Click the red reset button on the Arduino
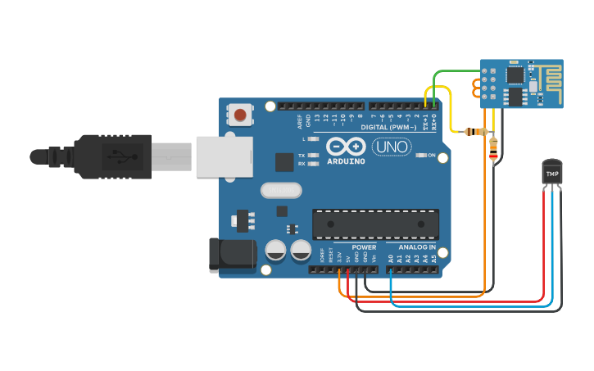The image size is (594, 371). coord(239,115)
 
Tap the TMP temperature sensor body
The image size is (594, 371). coord(553,172)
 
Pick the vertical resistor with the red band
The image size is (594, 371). coord(492,148)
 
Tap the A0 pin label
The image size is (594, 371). coord(391,258)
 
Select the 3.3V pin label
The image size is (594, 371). coord(339,258)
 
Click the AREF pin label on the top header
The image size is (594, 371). coord(300,121)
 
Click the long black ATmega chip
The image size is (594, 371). coord(375,224)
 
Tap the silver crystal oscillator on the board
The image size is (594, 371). coord(281,190)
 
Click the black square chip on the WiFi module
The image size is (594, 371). coord(516,75)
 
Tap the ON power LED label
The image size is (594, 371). coord(431,155)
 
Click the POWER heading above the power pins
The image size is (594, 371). coord(365,247)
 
